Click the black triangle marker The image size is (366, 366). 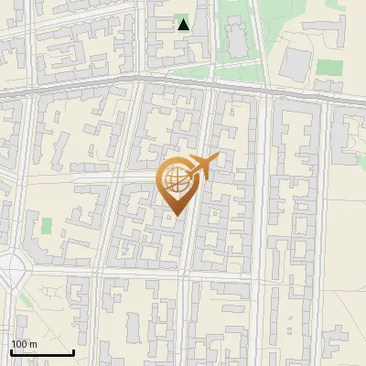[x=184, y=25]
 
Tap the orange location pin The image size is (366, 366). [x=178, y=183]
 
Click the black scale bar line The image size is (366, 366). [x=42, y=353]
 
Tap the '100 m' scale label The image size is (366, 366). [x=25, y=344]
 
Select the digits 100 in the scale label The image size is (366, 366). [x=20, y=344]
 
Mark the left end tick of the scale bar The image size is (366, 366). [x=11, y=351]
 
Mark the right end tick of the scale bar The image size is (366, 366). [x=73, y=351]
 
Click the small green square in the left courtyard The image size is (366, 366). [x=47, y=225]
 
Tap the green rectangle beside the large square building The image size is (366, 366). [x=330, y=67]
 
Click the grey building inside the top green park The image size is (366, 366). [x=237, y=37]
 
